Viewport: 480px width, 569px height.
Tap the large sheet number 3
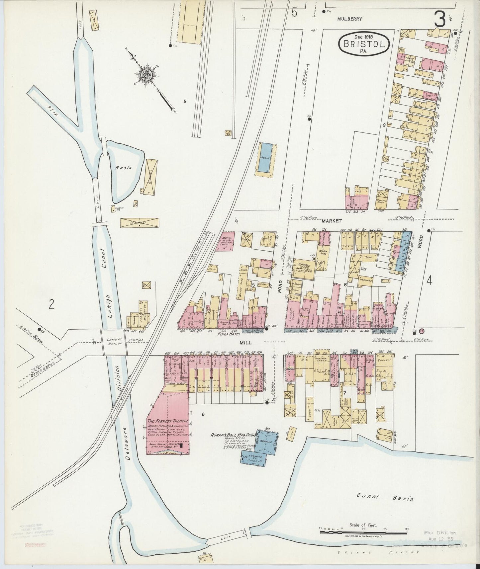pyautogui.click(x=441, y=20)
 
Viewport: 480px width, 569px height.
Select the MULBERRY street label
pyautogui.click(x=349, y=19)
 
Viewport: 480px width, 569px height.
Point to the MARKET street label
pyautogui.click(x=329, y=220)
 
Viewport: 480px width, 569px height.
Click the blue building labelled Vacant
pyautogui.click(x=265, y=158)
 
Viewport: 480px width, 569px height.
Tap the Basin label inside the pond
pyautogui.click(x=124, y=167)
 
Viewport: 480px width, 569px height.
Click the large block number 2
pyautogui.click(x=51, y=304)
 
